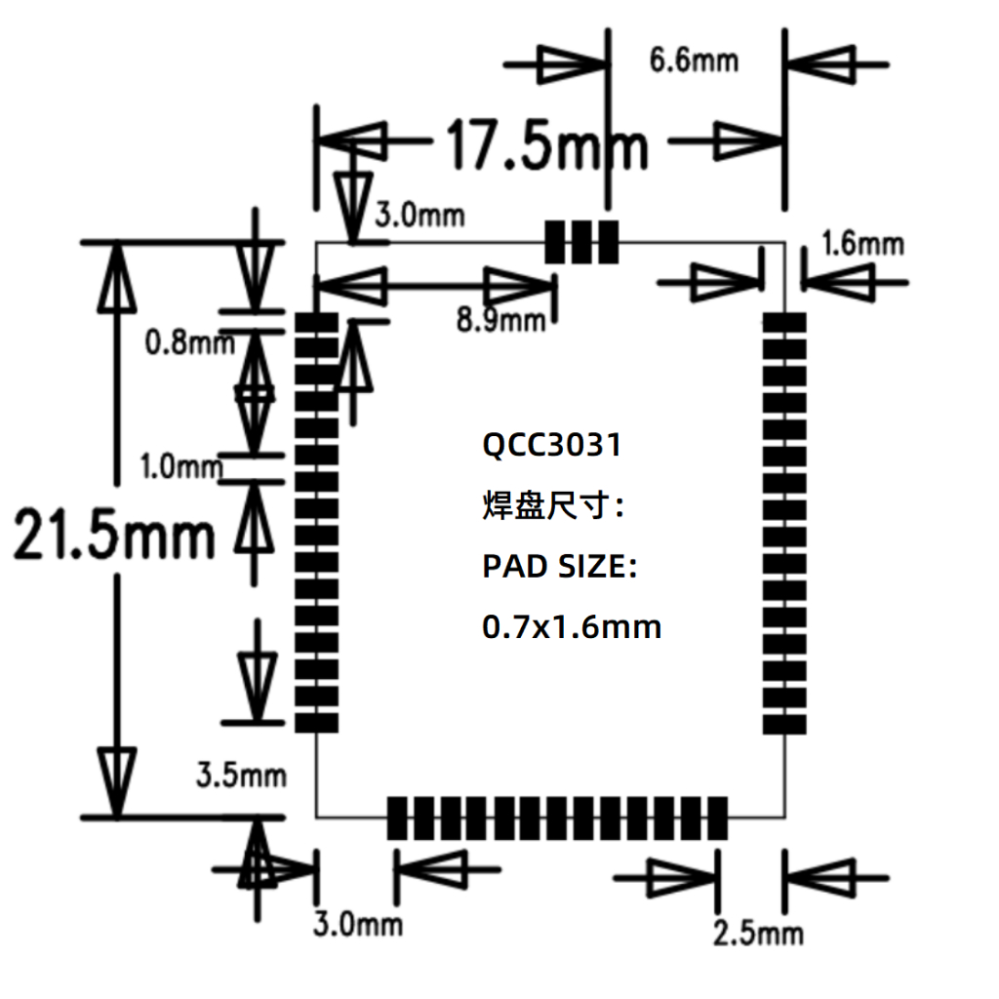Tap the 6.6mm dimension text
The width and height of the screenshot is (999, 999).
pyautogui.click(x=694, y=60)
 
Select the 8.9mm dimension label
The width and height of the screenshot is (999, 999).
pyautogui.click(x=501, y=318)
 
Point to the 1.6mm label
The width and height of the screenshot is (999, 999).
pyautogui.click(x=862, y=243)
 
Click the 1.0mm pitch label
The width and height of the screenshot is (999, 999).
pyautogui.click(x=182, y=466)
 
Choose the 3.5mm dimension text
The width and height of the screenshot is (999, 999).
pyautogui.click(x=241, y=776)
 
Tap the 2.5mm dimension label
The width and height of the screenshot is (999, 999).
pyautogui.click(x=758, y=934)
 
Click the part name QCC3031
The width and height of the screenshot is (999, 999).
pyautogui.click(x=552, y=446)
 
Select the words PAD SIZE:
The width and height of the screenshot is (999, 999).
pyautogui.click(x=559, y=567)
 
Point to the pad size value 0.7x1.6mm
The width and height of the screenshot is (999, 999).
pyautogui.click(x=572, y=626)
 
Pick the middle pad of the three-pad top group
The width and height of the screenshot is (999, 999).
pyautogui.click(x=581, y=241)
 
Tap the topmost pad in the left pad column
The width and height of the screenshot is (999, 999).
pyautogui.click(x=316, y=322)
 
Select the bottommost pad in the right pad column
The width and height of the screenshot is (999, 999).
pyautogui.click(x=784, y=724)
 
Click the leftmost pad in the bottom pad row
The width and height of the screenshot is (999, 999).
pyautogui.click(x=397, y=818)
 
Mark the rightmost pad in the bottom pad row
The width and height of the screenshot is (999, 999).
pyautogui.click(x=718, y=818)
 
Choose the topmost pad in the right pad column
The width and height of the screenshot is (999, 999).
pyautogui.click(x=784, y=322)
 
